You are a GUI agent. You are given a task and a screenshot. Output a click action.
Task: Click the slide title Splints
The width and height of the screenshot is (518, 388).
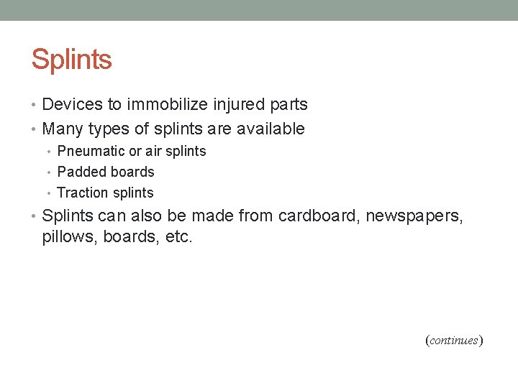[71, 60]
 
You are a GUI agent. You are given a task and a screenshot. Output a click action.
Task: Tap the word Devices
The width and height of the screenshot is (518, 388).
[73, 105]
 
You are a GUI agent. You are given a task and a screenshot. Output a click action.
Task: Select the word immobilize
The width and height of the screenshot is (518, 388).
[168, 105]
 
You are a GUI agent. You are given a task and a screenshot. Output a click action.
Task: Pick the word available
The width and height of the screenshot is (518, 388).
[272, 129]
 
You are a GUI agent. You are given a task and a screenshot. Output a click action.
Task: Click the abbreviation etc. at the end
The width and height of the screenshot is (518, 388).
[179, 237]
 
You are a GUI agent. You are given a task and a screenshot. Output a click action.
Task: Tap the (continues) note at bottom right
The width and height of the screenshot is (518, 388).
[454, 340]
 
